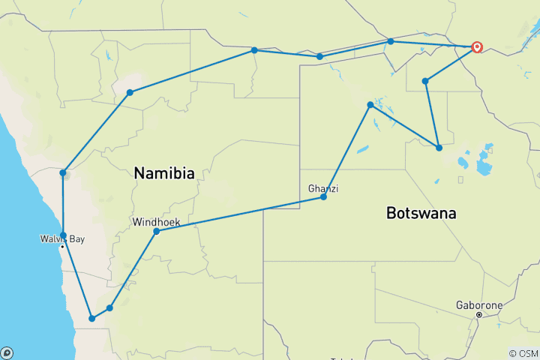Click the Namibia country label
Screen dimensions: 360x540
click(x=164, y=173)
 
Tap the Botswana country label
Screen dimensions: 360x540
click(x=421, y=213)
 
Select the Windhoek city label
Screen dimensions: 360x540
click(x=155, y=222)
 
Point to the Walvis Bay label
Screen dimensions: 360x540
click(x=62, y=239)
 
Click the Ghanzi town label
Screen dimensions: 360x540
click(x=322, y=188)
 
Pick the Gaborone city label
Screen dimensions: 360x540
click(x=479, y=305)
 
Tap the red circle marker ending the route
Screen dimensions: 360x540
click(x=477, y=46)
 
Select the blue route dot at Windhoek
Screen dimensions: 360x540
click(x=156, y=232)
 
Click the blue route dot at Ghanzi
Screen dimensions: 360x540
click(x=323, y=196)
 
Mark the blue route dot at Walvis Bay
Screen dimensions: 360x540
click(x=64, y=235)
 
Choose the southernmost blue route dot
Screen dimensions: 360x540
click(x=92, y=319)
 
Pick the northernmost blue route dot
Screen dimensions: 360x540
click(x=391, y=41)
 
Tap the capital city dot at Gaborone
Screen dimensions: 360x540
click(x=479, y=315)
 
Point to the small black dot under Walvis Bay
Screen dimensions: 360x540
click(x=62, y=247)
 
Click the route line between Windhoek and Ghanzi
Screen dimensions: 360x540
click(x=240, y=214)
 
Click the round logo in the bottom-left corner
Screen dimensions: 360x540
click(x=7, y=352)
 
